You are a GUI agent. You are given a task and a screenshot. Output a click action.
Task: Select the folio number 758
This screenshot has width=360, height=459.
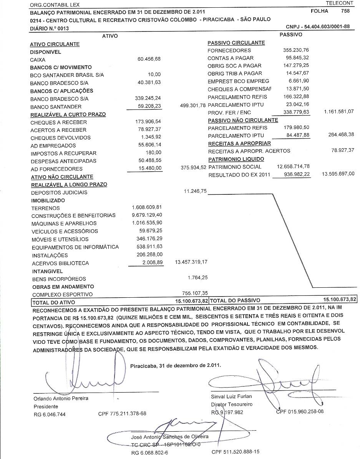click(345, 11)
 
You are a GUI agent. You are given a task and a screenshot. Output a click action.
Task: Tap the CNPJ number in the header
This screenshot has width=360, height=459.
click(318, 27)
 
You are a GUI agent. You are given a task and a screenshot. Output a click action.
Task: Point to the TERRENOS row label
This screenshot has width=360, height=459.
click(45, 208)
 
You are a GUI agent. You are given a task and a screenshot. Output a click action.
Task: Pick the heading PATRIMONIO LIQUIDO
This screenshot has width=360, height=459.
click(236, 159)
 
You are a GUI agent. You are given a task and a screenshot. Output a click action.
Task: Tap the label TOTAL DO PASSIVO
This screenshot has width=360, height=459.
click(235, 300)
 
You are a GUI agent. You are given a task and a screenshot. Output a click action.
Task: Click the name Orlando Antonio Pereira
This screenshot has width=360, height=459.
click(61, 398)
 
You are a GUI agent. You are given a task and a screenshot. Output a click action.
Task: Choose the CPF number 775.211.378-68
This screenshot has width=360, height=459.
click(123, 414)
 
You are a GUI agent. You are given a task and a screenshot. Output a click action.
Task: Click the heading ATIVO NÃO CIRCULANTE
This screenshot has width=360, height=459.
click(62, 177)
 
